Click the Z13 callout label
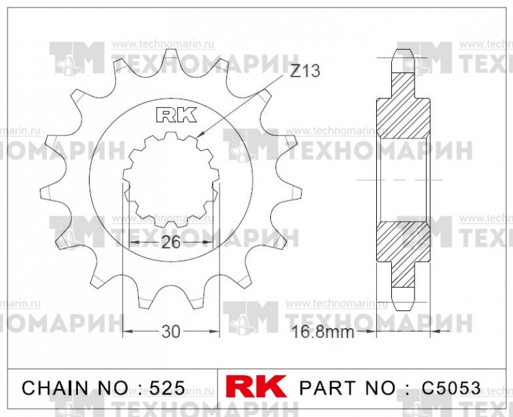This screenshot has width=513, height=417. pyautogui.click(x=305, y=71)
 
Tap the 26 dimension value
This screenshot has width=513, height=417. pyautogui.click(x=171, y=242)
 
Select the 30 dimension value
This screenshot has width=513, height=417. pyautogui.click(x=171, y=332)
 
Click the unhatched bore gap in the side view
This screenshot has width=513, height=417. pyautogui.click(x=404, y=179)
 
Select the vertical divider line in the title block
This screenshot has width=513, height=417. pyautogui.click(x=217, y=388)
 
